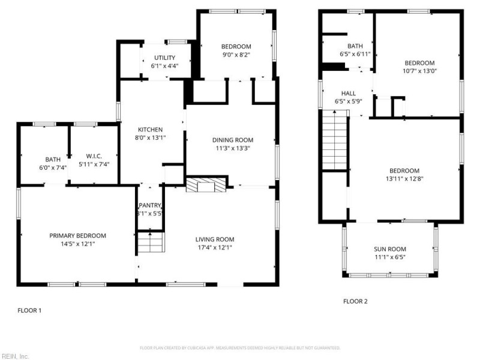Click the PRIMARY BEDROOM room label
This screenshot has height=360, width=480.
(x=77, y=236)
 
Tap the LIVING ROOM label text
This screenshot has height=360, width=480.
(x=214, y=239)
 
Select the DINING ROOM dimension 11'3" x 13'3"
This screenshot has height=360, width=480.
(x=233, y=148)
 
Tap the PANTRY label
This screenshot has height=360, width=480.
(x=150, y=205)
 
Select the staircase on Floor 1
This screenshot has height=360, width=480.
(x=150, y=243)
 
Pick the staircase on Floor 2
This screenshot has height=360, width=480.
(x=335, y=143)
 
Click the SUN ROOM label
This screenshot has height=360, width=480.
(x=389, y=249)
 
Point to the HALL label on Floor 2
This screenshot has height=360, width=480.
(x=348, y=94)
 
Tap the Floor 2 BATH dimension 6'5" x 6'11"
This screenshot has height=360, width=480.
(x=355, y=54)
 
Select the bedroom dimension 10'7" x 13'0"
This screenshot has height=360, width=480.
(x=419, y=71)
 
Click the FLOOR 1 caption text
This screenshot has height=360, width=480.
(x=29, y=311)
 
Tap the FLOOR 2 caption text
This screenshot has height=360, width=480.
(x=355, y=301)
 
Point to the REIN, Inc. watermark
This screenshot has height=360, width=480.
(x=14, y=356)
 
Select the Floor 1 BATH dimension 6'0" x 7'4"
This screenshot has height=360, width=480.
(x=53, y=167)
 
